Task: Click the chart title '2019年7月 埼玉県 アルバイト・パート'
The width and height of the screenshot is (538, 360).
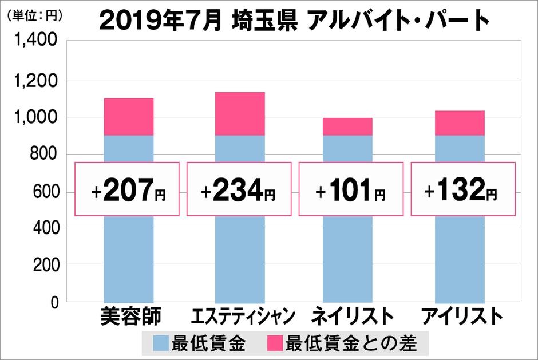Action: [x=294, y=21]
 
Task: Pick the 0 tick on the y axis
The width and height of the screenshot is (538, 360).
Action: [x=55, y=302]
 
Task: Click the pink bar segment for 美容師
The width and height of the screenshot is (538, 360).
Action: [x=128, y=117]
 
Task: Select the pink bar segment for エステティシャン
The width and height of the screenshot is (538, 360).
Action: [x=240, y=113]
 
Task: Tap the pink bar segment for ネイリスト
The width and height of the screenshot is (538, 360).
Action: [x=347, y=126]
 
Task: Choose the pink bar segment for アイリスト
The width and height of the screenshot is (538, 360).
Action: [x=460, y=123]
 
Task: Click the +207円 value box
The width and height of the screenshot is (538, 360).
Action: [x=128, y=189]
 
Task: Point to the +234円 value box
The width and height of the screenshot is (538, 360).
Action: [x=240, y=189]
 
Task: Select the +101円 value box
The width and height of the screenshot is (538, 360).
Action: [x=351, y=189]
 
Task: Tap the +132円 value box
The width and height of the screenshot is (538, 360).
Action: [x=463, y=189]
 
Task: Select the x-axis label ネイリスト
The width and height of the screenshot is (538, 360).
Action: [x=353, y=316]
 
